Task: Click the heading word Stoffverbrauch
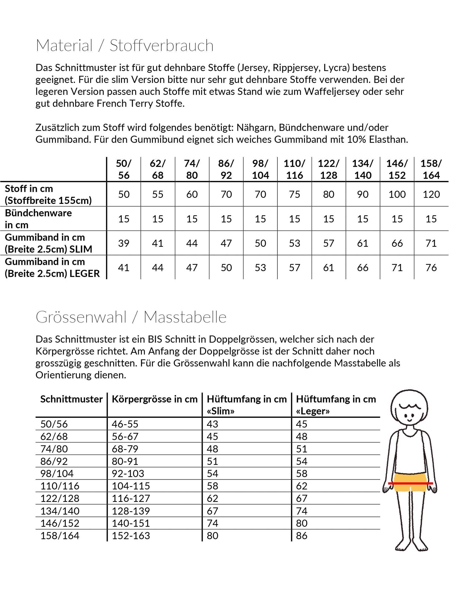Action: [161, 45]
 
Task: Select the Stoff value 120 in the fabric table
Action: [431, 194]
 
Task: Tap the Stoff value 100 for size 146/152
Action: [397, 194]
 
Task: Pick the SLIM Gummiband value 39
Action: [124, 243]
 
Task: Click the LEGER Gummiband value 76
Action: [431, 268]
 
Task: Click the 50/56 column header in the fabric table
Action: [124, 169]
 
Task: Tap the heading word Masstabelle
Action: [185, 317]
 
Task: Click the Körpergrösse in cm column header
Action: [155, 399]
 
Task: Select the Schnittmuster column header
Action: [71, 399]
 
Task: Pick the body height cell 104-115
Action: [131, 486]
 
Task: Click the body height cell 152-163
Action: [131, 536]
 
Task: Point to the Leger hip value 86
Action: [302, 536]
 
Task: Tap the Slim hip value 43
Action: [212, 424]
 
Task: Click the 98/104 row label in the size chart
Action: [57, 473]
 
